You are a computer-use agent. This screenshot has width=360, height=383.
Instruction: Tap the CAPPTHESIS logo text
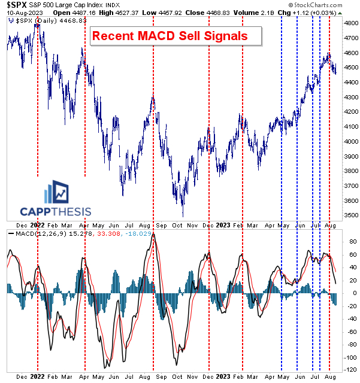click(x=56, y=211)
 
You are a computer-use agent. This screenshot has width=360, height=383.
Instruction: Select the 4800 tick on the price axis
click(x=349, y=23)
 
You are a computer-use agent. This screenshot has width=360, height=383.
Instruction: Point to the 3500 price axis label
click(x=349, y=215)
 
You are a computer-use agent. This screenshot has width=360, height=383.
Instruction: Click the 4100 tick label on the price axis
click(x=349, y=126)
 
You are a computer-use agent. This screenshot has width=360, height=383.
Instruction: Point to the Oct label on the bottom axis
click(x=177, y=377)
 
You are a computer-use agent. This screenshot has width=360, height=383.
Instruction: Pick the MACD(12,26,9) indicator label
click(x=29, y=233)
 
